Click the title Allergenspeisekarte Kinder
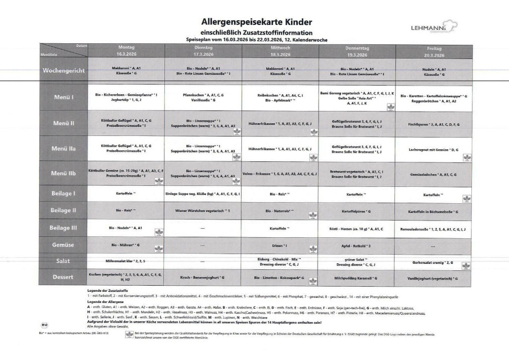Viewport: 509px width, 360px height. (249, 22)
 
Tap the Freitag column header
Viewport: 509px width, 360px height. (433, 51)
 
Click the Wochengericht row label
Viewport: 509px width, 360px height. (64, 71)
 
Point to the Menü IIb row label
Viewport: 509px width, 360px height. (64, 173)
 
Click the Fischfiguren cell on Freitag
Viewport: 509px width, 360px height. (434, 124)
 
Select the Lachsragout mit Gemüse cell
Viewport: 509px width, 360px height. (434, 150)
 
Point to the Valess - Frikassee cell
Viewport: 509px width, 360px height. (280, 174)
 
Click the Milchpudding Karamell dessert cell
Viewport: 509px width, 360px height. (357, 278)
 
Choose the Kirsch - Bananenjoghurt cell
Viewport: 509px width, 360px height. (203, 278)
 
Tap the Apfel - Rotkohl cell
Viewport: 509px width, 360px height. (357, 245)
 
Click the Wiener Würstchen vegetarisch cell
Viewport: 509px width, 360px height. (203, 210)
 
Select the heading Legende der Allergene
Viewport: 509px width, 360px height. (108, 301)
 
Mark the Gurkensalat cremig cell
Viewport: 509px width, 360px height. (434, 263)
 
